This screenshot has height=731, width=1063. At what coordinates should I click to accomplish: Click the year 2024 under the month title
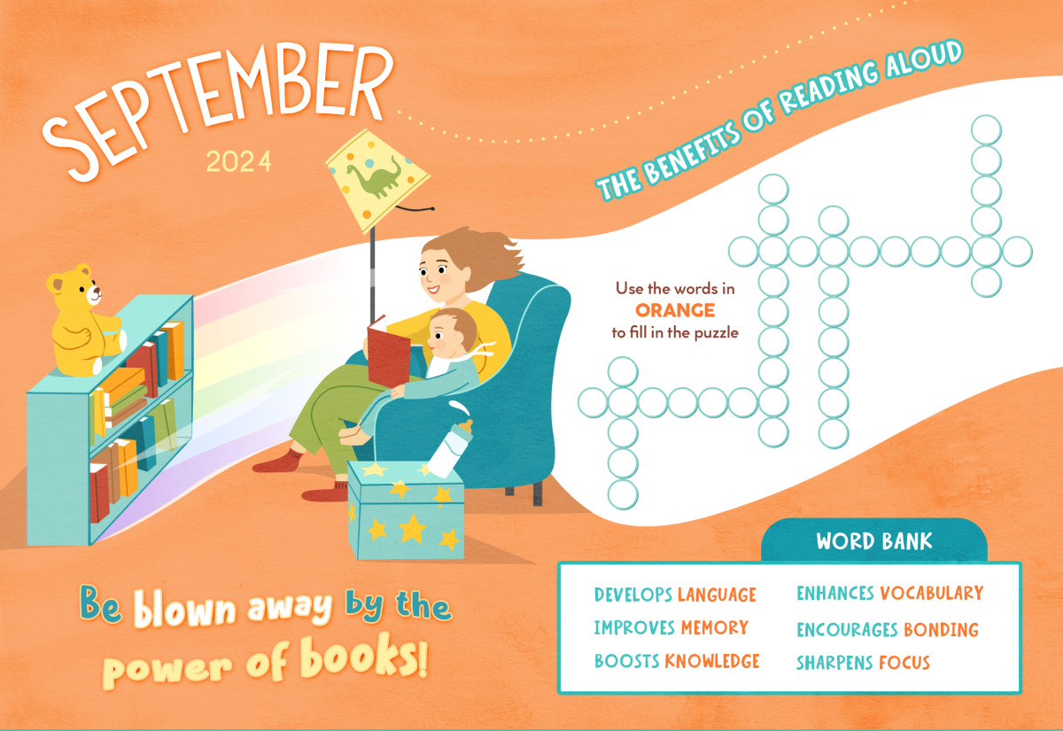[238, 162]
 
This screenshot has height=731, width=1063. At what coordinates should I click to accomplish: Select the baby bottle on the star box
[453, 443]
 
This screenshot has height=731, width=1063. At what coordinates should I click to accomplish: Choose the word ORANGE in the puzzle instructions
[675, 310]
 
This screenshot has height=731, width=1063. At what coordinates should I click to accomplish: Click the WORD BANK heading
[873, 541]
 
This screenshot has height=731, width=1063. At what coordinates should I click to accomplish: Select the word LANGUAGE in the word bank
[717, 594]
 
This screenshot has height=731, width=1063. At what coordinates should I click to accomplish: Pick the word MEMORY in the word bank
[714, 627]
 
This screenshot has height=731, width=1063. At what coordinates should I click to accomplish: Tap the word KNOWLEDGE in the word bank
[712, 661]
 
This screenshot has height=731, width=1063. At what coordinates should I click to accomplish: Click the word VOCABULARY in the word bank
[931, 594]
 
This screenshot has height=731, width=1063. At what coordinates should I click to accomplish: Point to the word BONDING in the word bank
[941, 629]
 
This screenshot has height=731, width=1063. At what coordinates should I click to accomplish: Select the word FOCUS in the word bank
[904, 662]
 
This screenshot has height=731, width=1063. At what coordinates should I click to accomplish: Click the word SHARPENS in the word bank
[834, 662]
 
